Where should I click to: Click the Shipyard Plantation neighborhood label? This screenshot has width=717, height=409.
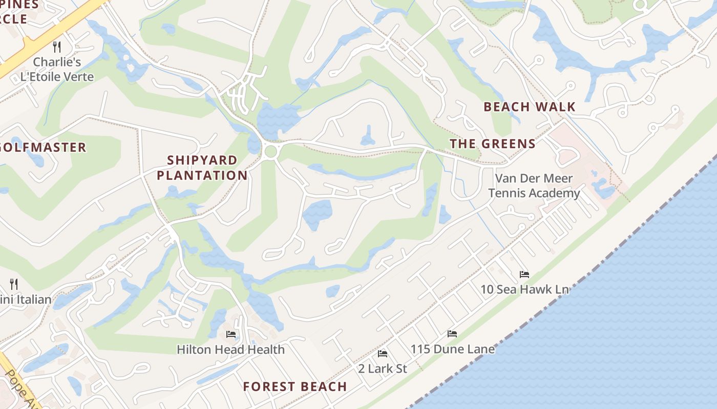(202, 168)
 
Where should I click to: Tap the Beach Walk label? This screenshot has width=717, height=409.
(530, 107)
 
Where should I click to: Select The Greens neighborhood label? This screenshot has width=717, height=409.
(493, 144)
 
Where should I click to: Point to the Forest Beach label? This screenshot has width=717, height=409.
(295, 387)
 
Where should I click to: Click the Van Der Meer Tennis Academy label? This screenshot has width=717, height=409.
(534, 186)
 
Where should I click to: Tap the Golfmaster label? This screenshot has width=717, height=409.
(43, 148)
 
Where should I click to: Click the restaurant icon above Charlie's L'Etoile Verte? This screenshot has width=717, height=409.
(57, 47)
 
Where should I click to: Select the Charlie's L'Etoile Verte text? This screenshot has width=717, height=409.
(57, 70)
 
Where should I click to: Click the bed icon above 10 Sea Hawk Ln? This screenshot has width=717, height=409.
(524, 275)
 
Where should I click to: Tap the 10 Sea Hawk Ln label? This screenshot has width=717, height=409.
(524, 289)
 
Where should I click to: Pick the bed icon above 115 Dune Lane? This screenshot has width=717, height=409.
(452, 334)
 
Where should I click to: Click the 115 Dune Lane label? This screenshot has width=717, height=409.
(452, 349)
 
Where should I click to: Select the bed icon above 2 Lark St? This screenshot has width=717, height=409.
(382, 354)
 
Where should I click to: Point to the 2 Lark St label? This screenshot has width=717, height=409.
(382, 369)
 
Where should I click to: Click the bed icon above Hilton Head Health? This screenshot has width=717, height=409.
(230, 335)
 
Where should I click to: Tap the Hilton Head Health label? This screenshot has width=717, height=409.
(230, 350)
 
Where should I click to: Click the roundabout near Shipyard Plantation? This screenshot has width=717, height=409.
(270, 151)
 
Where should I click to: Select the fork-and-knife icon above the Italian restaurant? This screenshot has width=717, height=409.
(14, 284)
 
